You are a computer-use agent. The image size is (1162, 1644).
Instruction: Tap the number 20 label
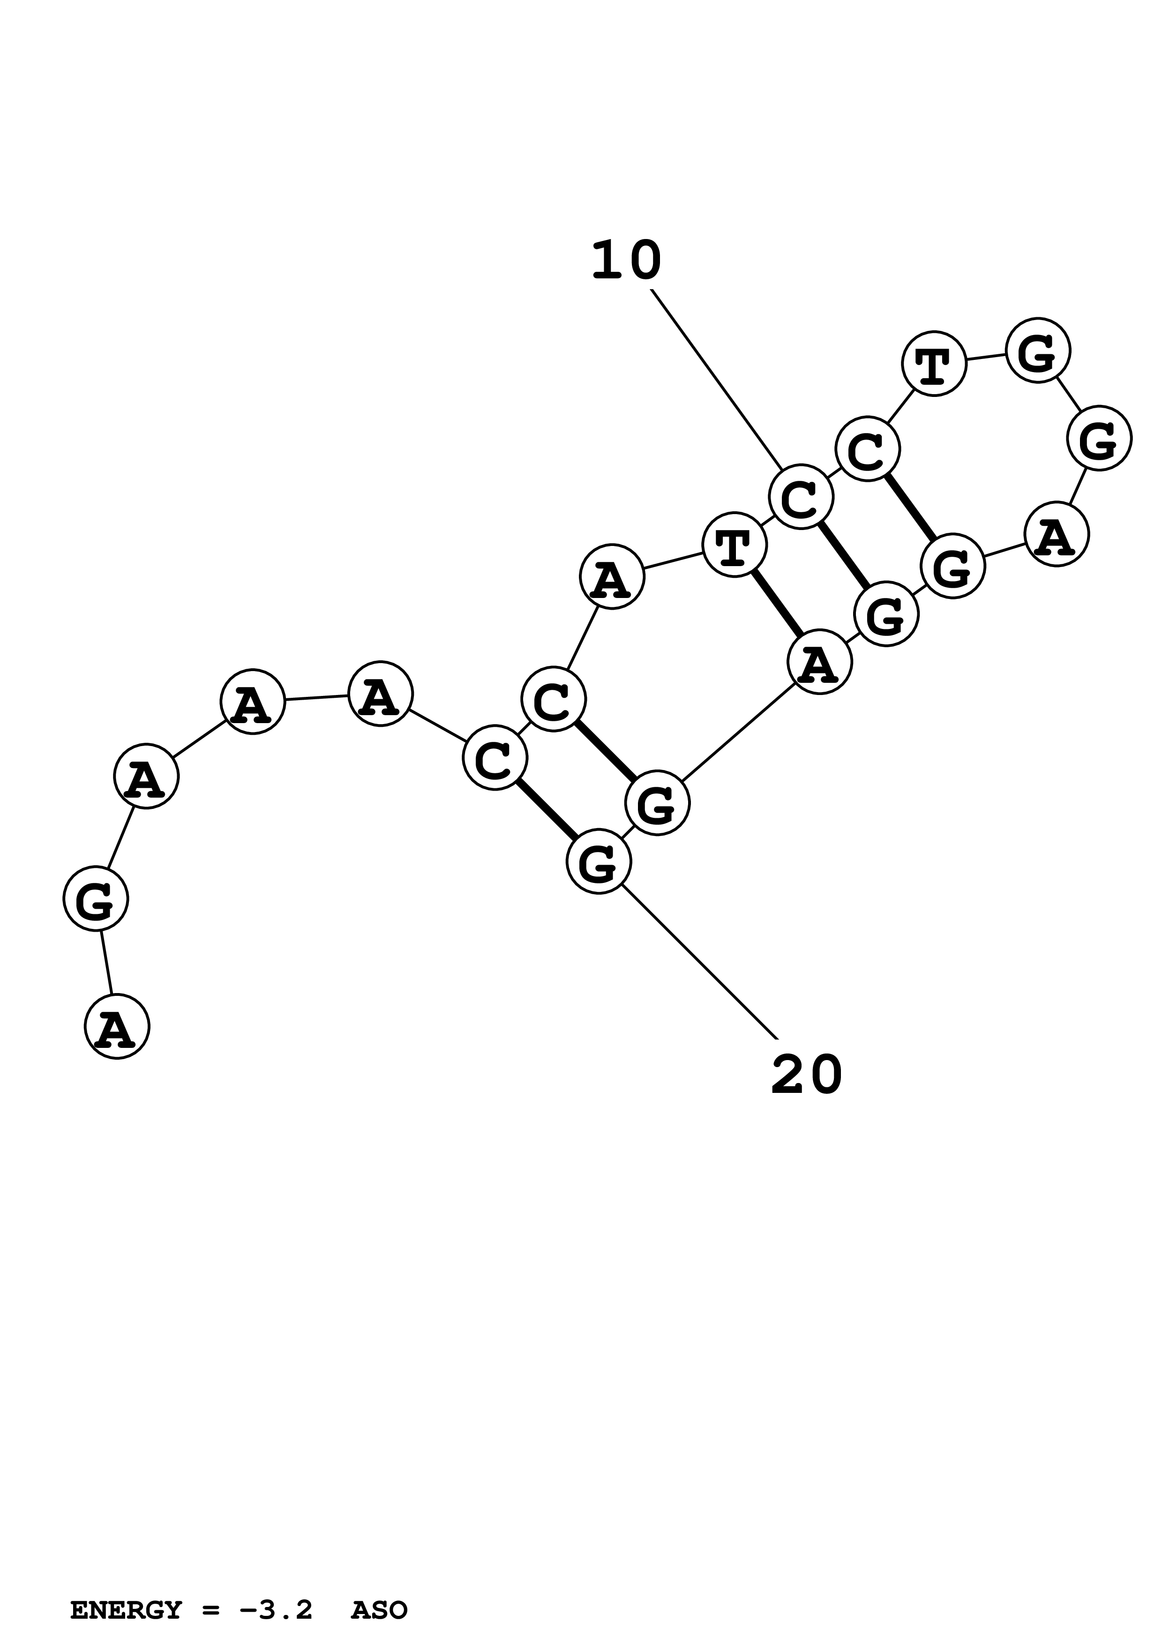pyautogui.click(x=807, y=1076)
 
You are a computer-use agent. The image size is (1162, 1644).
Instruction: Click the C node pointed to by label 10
pyautogui.click(x=801, y=496)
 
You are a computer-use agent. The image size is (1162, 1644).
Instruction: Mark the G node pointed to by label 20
pyautogui.click(x=599, y=861)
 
